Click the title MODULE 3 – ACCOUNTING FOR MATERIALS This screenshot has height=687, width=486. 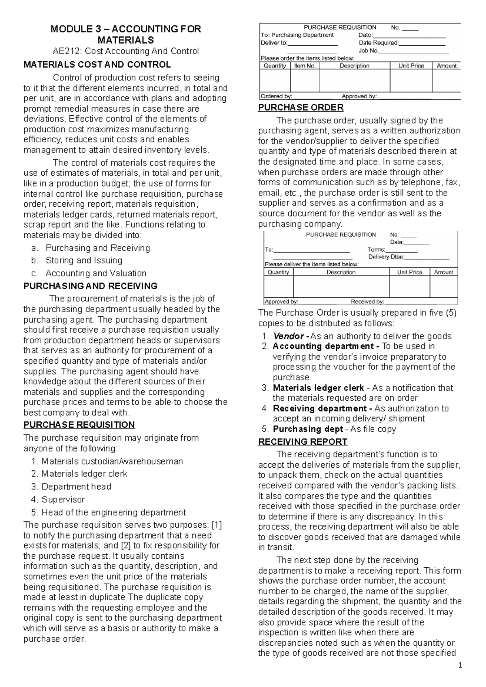[126, 34]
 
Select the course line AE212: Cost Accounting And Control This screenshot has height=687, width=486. [126, 51]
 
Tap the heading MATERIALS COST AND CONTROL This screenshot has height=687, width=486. [97, 65]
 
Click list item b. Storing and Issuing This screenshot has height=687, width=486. [83, 260]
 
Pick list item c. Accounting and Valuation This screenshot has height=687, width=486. [96, 273]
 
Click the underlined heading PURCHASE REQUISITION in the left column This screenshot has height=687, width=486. [79, 425]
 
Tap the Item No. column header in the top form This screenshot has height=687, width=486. [305, 66]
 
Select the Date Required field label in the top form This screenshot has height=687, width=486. [379, 43]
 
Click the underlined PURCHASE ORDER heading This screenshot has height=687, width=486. [301, 108]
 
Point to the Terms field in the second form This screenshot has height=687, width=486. [376, 250]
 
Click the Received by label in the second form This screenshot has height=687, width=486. [367, 301]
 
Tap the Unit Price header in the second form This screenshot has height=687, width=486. [409, 272]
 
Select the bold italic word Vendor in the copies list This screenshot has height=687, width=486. [288, 336]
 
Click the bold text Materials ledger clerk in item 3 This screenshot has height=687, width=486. [318, 388]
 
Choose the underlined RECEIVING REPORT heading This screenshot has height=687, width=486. [303, 441]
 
